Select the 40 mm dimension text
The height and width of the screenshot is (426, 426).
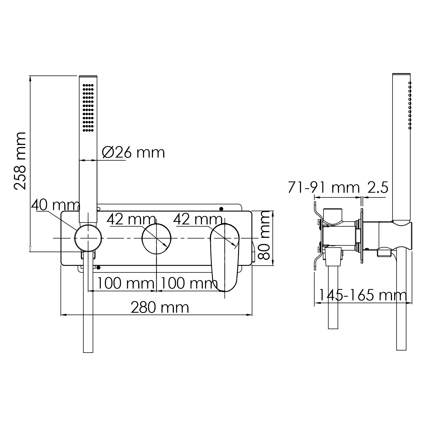point(55,205)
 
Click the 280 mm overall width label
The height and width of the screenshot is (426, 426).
point(160,307)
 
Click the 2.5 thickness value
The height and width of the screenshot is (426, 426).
point(378,188)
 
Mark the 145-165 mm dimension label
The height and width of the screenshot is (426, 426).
point(363,295)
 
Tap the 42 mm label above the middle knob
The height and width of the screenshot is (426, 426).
point(131,219)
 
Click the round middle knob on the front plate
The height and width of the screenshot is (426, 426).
point(156,238)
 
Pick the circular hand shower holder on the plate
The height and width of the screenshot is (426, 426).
point(88,238)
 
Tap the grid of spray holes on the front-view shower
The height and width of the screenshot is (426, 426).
point(88,107)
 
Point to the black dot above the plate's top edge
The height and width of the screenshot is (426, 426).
point(221,209)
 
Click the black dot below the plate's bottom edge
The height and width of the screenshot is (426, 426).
point(98,267)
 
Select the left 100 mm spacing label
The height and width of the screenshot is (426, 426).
point(126,283)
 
